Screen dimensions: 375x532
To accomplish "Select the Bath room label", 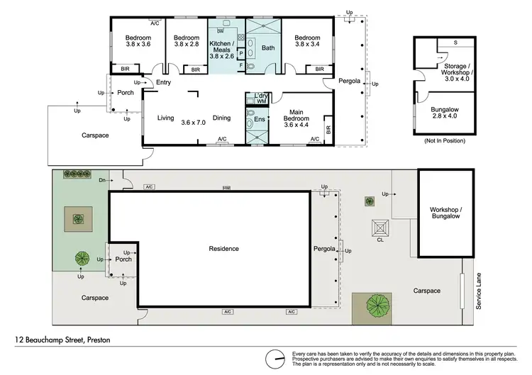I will (x=267, y=48).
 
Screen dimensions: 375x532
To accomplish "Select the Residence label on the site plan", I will (x=223, y=249).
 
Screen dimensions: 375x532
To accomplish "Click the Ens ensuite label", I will (x=260, y=119).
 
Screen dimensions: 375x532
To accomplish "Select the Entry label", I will (x=164, y=83).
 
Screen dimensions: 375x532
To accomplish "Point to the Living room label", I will (x=166, y=118).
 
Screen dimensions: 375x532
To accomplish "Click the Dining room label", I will (x=222, y=118).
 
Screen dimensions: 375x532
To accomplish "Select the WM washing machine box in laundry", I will (x=260, y=102).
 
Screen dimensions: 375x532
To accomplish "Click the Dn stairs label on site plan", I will (x=102, y=181).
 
